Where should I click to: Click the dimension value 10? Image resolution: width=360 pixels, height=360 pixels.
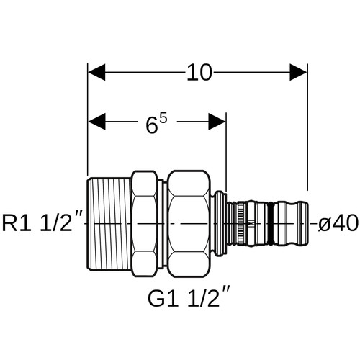[x=199, y=72]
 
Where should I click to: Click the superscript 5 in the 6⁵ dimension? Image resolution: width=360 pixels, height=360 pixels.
[x=163, y=120]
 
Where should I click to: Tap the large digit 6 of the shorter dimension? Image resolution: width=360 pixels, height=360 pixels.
[x=152, y=125]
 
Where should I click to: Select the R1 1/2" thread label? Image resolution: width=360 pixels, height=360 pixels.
[x=42, y=223]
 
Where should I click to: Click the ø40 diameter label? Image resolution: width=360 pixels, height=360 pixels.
[x=338, y=223]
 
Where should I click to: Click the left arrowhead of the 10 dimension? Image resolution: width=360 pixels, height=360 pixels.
[x=96, y=72]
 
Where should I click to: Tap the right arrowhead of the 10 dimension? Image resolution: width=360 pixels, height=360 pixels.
[x=298, y=72]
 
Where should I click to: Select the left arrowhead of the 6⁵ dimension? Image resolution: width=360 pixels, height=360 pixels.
[x=96, y=122]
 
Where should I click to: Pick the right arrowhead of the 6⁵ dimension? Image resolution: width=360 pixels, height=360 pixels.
[x=217, y=122]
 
